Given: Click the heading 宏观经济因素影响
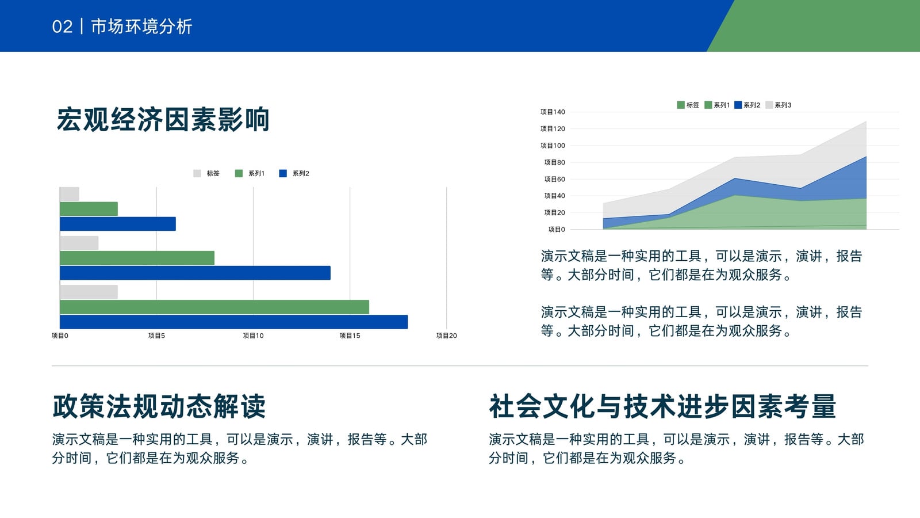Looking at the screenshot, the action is coord(163,120).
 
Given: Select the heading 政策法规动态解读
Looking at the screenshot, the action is coord(159,406).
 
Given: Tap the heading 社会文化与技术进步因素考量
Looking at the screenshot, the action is coord(662,406).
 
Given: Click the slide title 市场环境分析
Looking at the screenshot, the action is coord(141,26).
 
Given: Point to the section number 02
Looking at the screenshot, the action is coord(63,26).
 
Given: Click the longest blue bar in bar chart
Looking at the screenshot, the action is coord(233,322).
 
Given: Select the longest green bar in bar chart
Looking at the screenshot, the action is coord(214,307).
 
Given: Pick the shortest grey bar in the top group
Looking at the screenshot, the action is coord(70,194).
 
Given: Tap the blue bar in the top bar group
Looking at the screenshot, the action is coord(118,224).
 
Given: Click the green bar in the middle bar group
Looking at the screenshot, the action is coord(137,258).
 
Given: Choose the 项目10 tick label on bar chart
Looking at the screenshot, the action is coord(253,336).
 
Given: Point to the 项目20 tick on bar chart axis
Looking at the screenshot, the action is coord(446,336).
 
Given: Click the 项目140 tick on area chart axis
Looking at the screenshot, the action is coord(553,112).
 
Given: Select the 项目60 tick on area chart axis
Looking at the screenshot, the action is coord(554,179).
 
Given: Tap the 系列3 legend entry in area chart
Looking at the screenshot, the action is coord(779,105).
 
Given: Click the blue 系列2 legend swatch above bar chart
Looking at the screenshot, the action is coord(283,173).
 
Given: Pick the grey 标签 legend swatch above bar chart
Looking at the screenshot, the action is coord(197,173).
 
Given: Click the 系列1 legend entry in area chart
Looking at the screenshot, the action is coord(717,105).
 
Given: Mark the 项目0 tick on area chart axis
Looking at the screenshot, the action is coord(557,230).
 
